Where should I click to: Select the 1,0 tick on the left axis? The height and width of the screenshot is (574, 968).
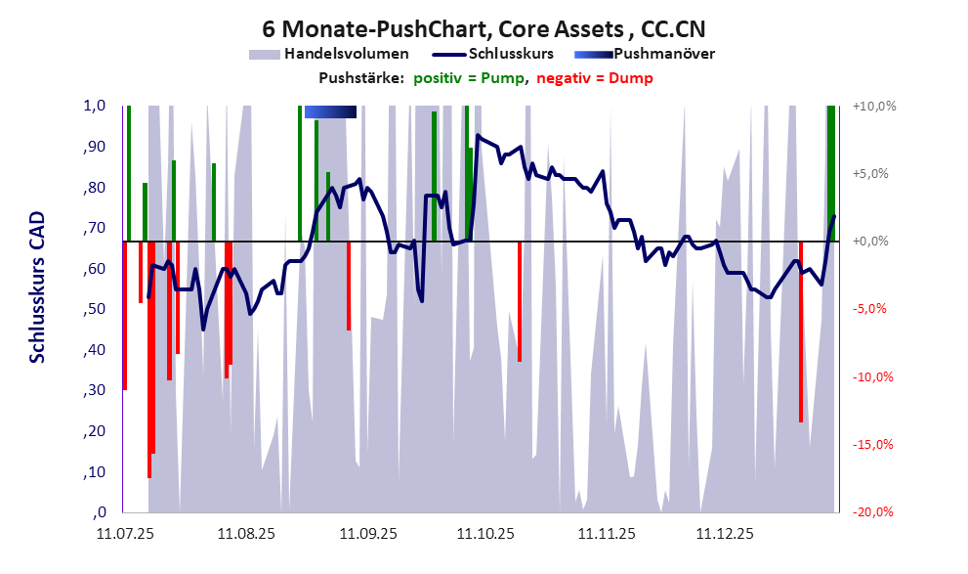94,107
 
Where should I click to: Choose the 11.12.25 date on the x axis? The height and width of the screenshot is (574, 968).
725,535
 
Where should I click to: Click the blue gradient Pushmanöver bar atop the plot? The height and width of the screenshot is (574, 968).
330,112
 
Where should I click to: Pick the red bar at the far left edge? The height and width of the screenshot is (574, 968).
124,315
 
